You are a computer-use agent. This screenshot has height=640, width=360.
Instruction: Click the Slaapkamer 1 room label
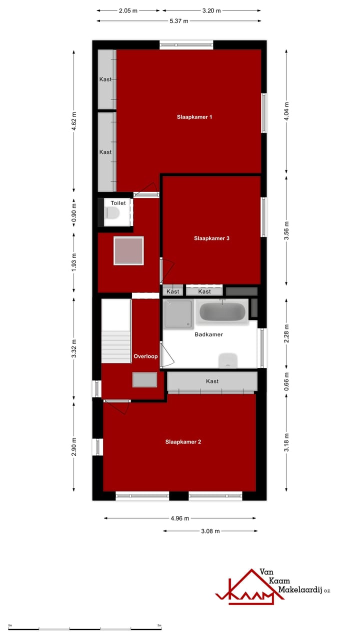click(194, 117)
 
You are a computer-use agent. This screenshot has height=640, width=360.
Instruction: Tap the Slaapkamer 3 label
click(211, 238)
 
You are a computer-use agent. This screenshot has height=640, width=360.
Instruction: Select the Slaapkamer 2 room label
click(183, 442)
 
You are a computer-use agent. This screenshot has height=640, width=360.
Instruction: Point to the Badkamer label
click(208, 334)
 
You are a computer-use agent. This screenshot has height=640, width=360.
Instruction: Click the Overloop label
click(145, 356)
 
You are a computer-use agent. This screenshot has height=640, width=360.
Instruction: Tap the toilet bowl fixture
click(112, 213)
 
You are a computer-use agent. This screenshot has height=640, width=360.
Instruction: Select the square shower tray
click(178, 314)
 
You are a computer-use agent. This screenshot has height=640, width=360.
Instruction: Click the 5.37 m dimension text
click(178, 21)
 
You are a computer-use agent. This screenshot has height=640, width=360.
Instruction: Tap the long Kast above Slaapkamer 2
click(212, 381)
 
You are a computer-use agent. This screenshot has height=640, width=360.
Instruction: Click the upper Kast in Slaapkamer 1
click(106, 79)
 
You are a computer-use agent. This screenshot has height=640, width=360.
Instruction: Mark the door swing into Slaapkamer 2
click(118, 406)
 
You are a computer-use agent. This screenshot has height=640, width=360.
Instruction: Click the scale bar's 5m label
click(159, 625)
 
